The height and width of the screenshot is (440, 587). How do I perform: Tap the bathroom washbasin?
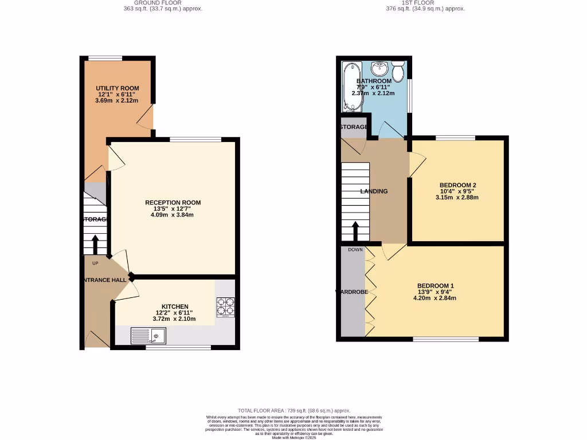379,69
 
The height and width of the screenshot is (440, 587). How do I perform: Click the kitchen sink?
148,336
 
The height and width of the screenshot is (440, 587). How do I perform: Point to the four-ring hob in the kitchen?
225,308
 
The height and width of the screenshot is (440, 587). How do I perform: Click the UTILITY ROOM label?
118,88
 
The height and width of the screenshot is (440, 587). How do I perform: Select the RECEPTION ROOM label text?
173,203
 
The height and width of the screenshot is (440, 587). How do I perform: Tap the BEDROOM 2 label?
458,185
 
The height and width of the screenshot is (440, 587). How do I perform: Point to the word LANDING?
374,191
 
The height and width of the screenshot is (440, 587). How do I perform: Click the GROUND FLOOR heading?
163,3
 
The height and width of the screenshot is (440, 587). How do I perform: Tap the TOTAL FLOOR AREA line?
293,411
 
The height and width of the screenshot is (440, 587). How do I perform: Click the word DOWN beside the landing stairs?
355,250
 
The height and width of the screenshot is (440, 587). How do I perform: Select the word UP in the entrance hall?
95,264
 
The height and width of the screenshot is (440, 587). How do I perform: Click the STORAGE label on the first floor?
353,127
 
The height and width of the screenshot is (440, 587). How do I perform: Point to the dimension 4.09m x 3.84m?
173,215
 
